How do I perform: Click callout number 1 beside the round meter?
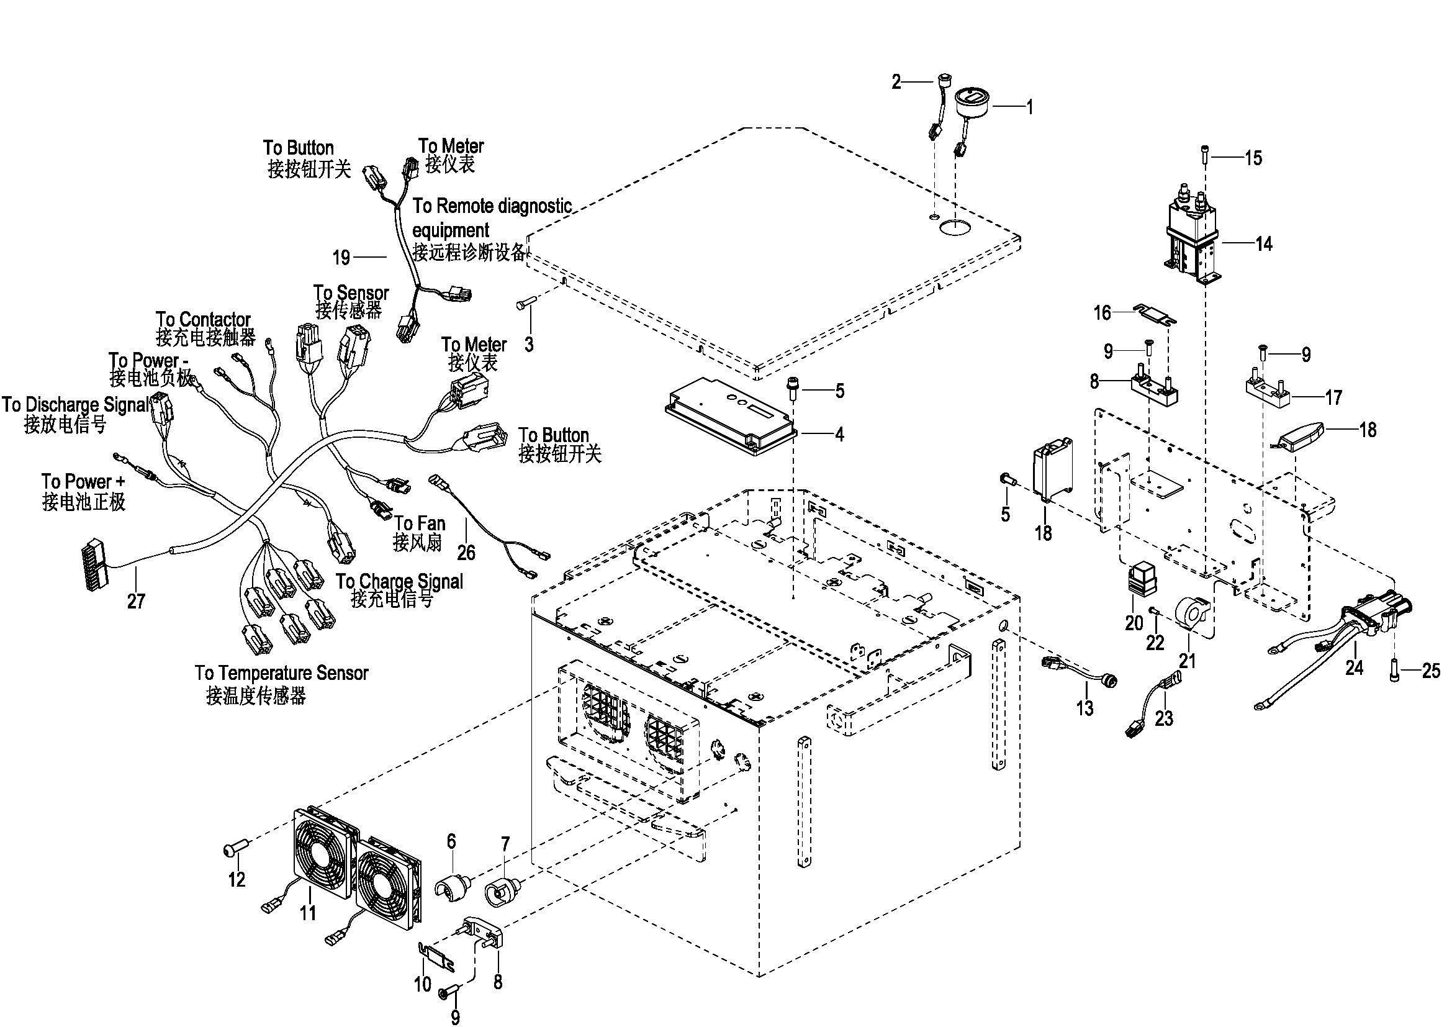click(x=1029, y=107)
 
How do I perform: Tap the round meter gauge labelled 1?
click(x=972, y=102)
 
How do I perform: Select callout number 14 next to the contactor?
click(x=1263, y=244)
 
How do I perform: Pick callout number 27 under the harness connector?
click(x=136, y=601)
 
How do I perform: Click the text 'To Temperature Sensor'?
click(x=281, y=673)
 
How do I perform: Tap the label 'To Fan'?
click(x=420, y=523)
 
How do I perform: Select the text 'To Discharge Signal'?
click(x=76, y=405)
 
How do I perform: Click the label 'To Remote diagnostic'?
click(x=492, y=206)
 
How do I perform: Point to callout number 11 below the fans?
click(x=308, y=913)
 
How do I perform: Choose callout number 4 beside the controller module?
click(x=839, y=435)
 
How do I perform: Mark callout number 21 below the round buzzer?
click(x=1188, y=661)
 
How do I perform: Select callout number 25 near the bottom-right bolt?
click(x=1430, y=671)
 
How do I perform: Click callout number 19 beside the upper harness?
click(x=341, y=258)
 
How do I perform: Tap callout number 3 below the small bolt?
click(x=529, y=345)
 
